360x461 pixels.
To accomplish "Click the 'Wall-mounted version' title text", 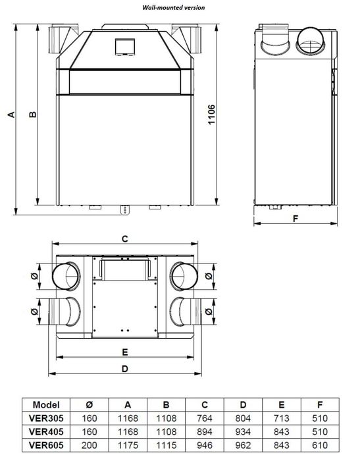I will [174, 7].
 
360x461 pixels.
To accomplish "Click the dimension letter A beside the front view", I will [11, 115].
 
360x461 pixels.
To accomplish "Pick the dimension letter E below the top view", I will [124, 351].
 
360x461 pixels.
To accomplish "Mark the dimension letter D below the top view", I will [124, 369].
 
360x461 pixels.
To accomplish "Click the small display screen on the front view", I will [124, 47].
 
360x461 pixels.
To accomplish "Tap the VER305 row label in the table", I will [45, 418].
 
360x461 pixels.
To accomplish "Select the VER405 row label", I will [45, 431].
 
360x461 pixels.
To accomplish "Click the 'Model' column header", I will [45, 405].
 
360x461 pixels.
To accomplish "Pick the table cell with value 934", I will [244, 431].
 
